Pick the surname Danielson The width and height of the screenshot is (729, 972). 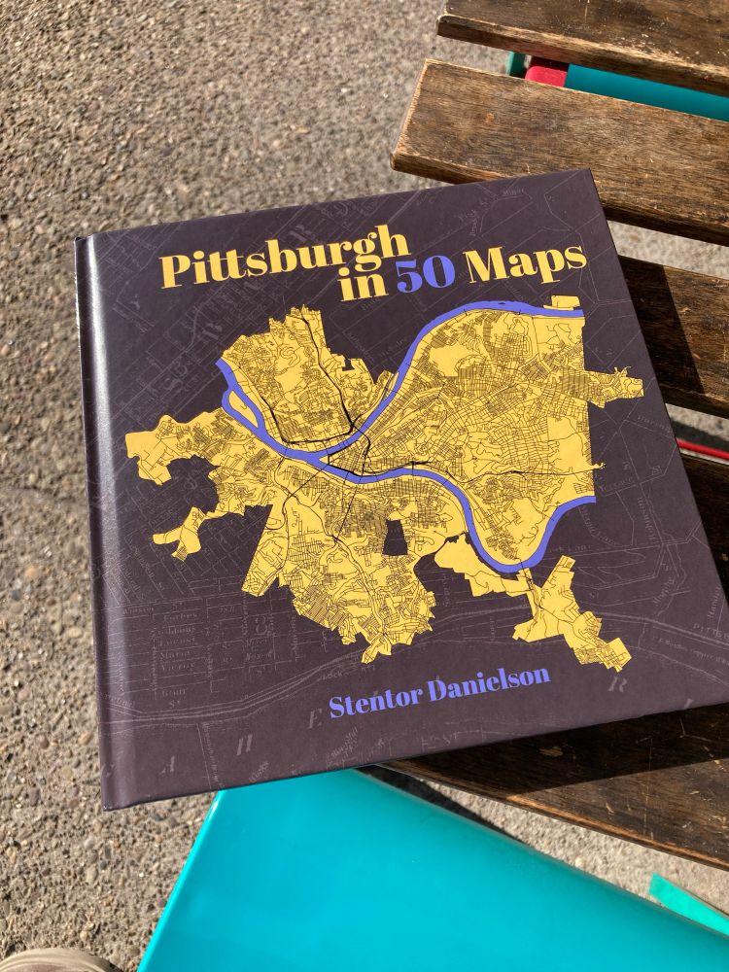pyautogui.click(x=495, y=679)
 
